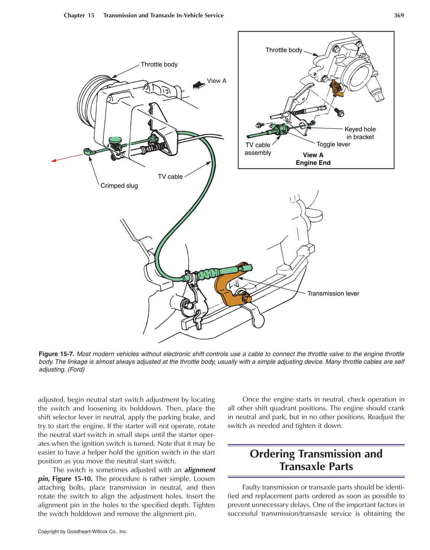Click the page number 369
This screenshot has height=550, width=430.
coord(399,15)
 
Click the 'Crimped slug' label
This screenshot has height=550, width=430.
coord(119,186)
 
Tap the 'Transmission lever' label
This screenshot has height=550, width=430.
coord(333,293)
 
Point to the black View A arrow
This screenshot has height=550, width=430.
coord(199,86)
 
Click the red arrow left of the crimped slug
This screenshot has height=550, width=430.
coord(67,158)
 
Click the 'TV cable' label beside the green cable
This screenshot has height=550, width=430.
coord(170,177)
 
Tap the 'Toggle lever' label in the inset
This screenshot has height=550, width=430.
coord(333,144)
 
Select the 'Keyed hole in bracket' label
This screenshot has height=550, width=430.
coord(360,133)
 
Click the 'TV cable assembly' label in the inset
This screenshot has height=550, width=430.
coord(258,149)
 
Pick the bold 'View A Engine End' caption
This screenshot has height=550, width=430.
coord(313,159)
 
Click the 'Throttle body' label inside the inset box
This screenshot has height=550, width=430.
coord(284,50)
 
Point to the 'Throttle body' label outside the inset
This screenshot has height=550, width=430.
coord(159,64)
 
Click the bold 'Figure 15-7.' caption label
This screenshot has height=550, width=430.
coord(57,354)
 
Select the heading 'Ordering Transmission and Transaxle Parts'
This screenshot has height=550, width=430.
coord(316,460)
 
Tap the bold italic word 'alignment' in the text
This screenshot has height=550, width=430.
coord(200,470)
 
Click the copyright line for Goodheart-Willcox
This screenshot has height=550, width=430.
coord(83,531)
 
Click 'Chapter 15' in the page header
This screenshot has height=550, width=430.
coord(79,15)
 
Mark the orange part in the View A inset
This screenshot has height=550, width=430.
coord(336,89)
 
